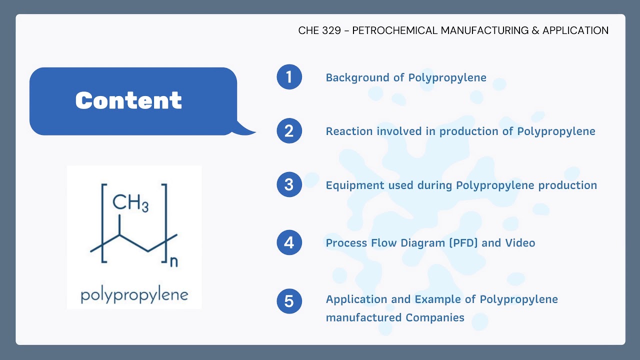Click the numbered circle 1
point(289,77)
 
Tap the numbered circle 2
point(289,131)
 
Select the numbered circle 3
point(289,184)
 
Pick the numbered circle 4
point(289,243)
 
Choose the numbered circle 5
point(289,301)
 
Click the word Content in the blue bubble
point(128,100)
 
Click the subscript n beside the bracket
point(173,261)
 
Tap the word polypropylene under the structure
point(134,294)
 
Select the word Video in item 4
point(520,243)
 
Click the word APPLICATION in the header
point(575,30)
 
